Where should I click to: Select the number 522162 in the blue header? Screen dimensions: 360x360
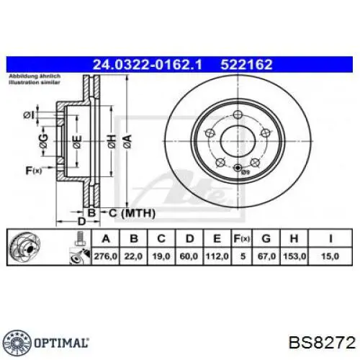pyautogui.click(x=246, y=65)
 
